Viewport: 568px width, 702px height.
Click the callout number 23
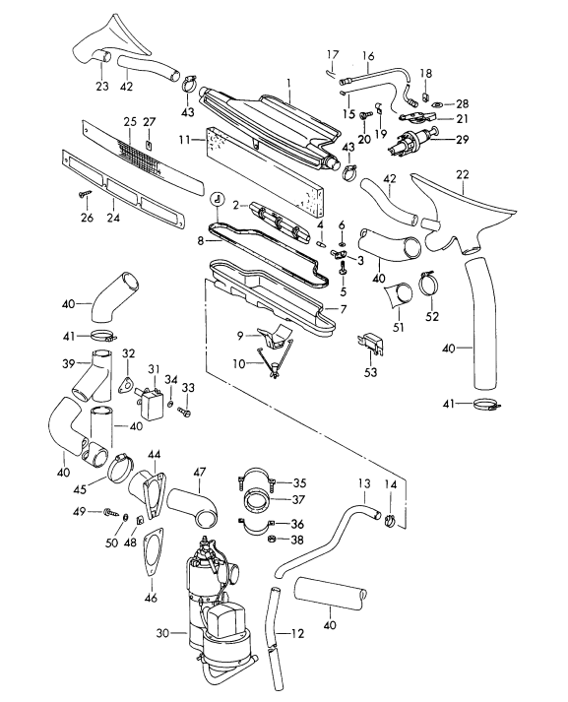click(x=102, y=86)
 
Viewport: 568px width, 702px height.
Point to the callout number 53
click(x=371, y=372)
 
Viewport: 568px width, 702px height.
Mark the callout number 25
click(x=129, y=121)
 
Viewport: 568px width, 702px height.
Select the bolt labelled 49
click(x=109, y=512)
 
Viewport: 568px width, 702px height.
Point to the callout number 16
click(x=369, y=56)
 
